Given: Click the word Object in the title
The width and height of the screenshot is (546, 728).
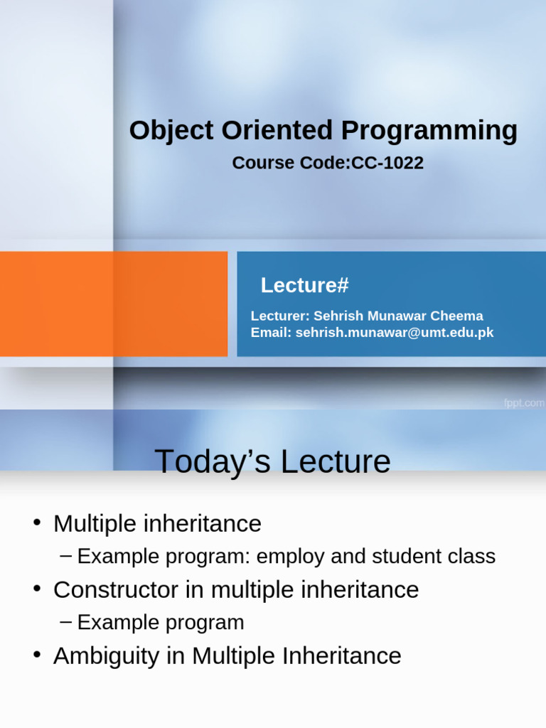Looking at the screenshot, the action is (x=171, y=131).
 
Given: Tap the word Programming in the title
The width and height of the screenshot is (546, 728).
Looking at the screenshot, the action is (x=429, y=132).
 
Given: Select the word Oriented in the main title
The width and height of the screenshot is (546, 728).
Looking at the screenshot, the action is (x=277, y=130).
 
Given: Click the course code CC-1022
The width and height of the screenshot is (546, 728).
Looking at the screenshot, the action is (x=387, y=163).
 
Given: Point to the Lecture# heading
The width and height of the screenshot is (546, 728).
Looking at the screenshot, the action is (x=304, y=285).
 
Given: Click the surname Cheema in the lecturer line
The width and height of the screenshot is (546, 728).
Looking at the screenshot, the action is (x=456, y=316).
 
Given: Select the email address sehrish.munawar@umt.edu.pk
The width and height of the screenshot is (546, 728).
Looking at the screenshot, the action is (x=395, y=333).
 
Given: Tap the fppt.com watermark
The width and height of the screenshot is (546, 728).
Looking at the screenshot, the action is (x=524, y=403).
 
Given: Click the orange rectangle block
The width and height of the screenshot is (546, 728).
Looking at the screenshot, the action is (x=114, y=304).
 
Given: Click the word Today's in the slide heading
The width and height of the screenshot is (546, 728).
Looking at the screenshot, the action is (x=212, y=461).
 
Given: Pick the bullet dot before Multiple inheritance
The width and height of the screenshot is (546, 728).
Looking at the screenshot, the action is (x=38, y=523).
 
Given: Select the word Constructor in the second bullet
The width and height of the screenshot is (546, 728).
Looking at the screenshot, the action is (x=116, y=589).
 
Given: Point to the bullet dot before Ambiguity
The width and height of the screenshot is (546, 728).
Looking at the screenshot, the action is (x=38, y=655).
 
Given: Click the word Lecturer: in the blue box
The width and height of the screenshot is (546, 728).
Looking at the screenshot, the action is (x=280, y=316).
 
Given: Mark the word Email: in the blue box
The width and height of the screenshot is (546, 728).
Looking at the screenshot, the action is (x=271, y=333).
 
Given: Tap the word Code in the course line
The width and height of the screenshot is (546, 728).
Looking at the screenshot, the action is (x=324, y=163).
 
